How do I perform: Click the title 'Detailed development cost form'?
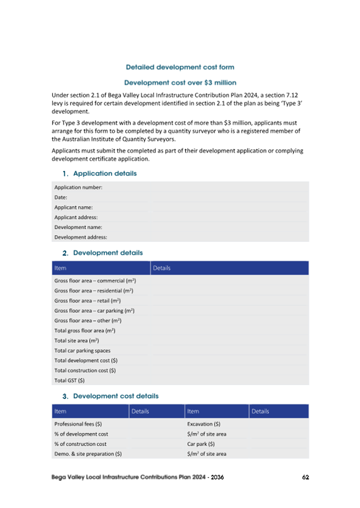[x=180, y=67]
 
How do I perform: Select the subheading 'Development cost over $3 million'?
[x=180, y=83]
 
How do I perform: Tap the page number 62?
[x=306, y=477]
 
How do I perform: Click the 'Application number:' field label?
[x=78, y=187]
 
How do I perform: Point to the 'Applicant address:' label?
[x=76, y=217]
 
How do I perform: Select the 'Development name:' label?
[x=78, y=227]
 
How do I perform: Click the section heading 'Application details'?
[x=105, y=173]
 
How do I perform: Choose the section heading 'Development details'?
[x=108, y=253]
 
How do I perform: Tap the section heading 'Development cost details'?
[x=115, y=396]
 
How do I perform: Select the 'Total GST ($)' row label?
[x=69, y=381]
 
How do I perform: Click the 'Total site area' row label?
[x=76, y=341]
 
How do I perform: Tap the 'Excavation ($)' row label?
[x=204, y=424]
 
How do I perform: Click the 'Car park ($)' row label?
[x=201, y=444]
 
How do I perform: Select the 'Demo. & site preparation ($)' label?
[x=88, y=454]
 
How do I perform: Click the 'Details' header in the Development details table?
[x=161, y=268]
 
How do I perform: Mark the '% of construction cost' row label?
[x=80, y=444]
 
